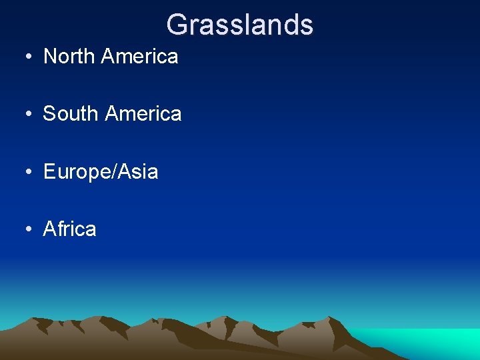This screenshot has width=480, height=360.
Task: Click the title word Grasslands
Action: tap(239, 25)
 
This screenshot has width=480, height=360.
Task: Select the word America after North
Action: tap(140, 57)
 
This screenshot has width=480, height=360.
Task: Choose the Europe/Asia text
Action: tap(101, 172)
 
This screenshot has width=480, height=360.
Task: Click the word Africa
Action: tap(69, 229)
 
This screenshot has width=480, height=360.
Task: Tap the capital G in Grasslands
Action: tap(177, 25)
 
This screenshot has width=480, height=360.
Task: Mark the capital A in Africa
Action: tap(49, 229)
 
